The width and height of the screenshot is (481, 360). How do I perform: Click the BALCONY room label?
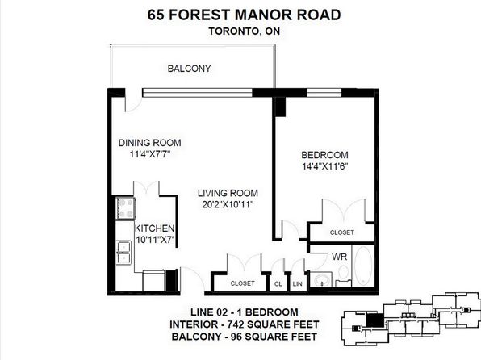click(190, 69)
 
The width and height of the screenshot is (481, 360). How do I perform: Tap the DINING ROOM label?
click(149, 143)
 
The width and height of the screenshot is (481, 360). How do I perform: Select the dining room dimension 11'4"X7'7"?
click(149, 154)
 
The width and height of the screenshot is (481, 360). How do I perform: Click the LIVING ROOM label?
click(228, 193)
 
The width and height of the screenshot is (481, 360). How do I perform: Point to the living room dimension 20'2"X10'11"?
click(228, 204)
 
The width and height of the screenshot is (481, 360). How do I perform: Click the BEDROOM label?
click(324, 155)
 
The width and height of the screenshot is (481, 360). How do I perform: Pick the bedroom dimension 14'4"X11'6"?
click(324, 166)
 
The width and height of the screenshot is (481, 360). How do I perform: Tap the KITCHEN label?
click(155, 228)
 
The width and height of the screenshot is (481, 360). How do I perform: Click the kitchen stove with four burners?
click(126, 208)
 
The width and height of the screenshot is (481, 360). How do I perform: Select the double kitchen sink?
click(124, 253)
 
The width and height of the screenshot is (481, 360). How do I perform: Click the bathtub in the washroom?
click(363, 266)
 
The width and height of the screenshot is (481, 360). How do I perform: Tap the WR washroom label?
click(339, 257)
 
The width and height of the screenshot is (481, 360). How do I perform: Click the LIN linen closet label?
click(297, 284)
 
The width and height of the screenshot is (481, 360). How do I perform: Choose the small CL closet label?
click(278, 284)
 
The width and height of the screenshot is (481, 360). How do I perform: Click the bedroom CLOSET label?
click(341, 232)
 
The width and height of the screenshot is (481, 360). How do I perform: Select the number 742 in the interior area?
click(236, 324)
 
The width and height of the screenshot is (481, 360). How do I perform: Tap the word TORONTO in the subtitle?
click(234, 31)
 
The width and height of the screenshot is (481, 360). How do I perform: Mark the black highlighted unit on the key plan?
click(374, 320)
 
